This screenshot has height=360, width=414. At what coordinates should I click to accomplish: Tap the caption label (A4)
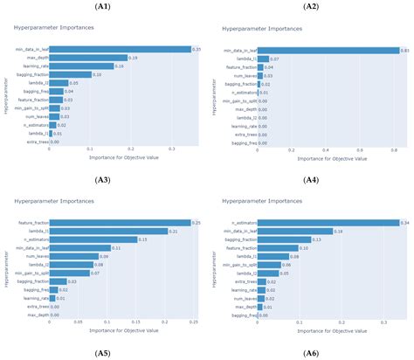coord(311,180)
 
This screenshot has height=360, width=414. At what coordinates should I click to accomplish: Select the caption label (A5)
coord(104,352)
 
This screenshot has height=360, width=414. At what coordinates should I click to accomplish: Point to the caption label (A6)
coord(311,352)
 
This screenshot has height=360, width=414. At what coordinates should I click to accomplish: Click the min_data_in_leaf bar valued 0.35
coord(120,49)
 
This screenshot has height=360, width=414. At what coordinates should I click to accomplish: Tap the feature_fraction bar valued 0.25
coord(120,222)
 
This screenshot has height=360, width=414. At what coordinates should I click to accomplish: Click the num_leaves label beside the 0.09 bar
coord(36,255)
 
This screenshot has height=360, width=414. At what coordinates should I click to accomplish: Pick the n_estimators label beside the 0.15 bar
coord(34,239)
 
